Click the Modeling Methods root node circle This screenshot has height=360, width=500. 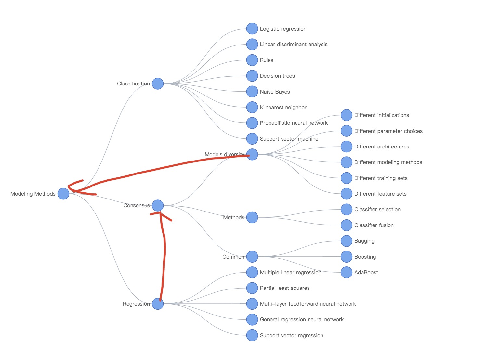coord(63,194)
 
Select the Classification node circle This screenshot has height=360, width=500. coord(158,84)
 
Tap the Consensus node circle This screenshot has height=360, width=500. coord(158,205)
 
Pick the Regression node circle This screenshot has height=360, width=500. coord(158,304)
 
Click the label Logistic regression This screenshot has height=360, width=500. coord(283,29)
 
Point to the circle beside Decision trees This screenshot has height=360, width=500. coord(252,76)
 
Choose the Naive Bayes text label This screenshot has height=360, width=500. coord(275,92)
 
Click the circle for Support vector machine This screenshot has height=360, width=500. coord(252,139)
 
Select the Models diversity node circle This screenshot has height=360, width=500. coord(252,154)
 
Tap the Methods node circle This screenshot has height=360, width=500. coord(252,217)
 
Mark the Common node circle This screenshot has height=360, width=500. coord(252,257)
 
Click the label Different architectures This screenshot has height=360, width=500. coord(382,147)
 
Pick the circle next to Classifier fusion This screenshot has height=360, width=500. coord(346,225)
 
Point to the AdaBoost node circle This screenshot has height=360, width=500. coord(346,272)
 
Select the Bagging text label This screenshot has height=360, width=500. coord(364,241)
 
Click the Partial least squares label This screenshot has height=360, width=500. coord(285,288)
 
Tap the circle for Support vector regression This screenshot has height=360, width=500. coord(252,335)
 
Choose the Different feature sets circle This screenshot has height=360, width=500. coord(346,194)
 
